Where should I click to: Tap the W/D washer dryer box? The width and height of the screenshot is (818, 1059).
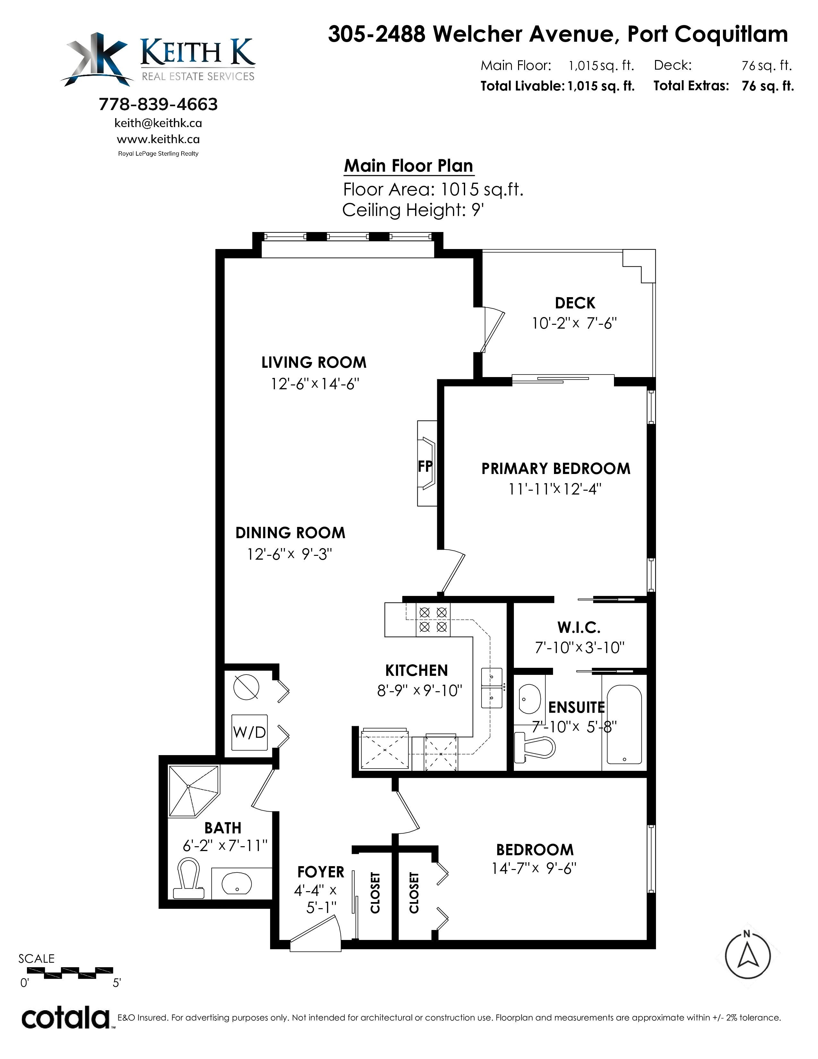250,732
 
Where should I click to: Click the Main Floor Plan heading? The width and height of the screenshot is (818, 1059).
408,166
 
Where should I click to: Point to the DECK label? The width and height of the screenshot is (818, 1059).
575,303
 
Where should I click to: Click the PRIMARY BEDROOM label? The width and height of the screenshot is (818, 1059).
556,469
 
